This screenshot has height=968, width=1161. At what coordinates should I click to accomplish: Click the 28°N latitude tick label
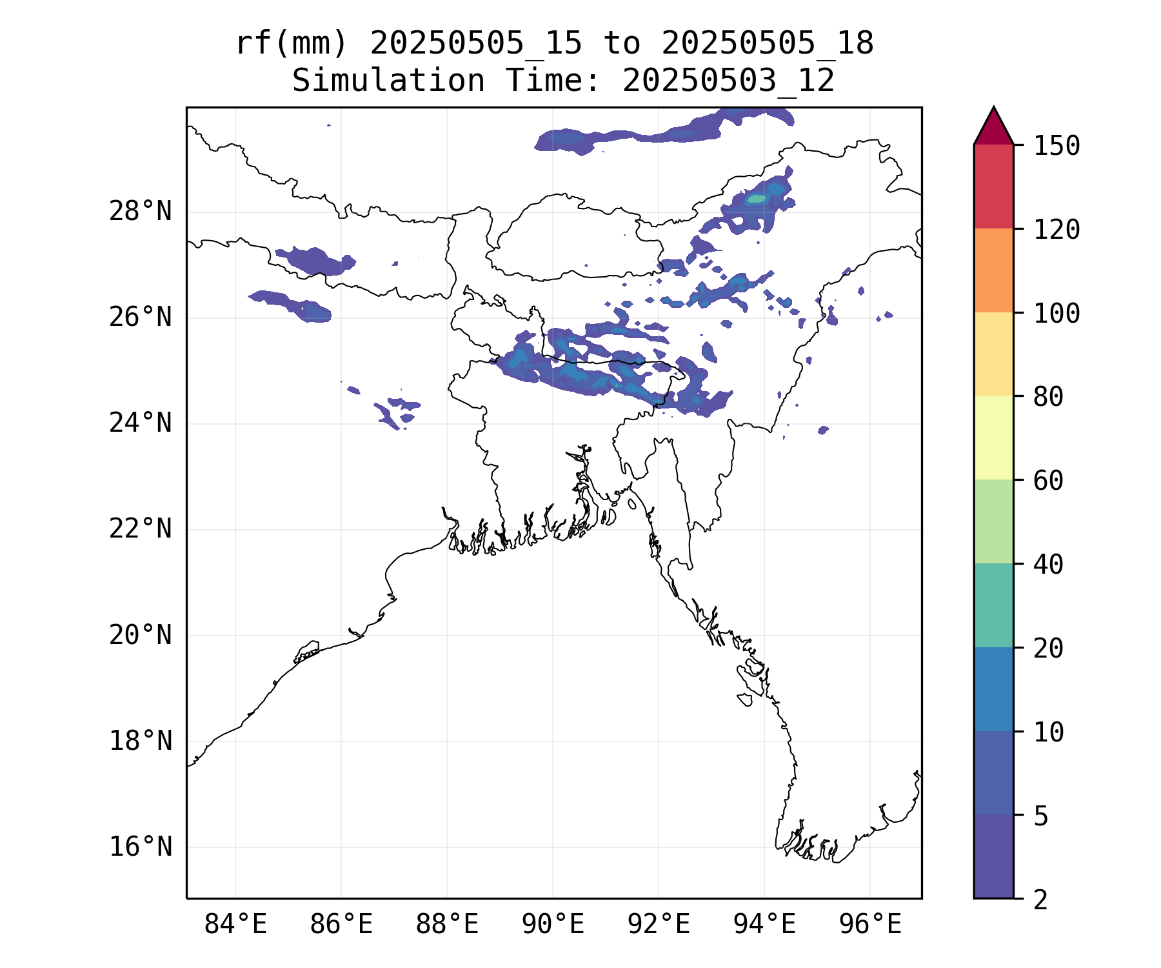(140, 212)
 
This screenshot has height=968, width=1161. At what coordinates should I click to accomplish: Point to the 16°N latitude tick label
(140, 847)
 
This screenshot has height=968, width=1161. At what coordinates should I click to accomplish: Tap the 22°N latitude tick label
(140, 529)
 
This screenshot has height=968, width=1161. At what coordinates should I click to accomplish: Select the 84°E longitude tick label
(235, 925)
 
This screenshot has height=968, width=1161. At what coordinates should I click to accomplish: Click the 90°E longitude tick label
(553, 925)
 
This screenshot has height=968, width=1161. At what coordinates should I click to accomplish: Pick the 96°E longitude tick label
(870, 925)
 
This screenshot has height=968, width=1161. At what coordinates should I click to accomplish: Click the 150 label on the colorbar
(1057, 146)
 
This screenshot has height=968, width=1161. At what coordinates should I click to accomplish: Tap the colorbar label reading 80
(1048, 397)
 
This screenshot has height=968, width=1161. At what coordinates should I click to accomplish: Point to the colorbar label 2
(1040, 900)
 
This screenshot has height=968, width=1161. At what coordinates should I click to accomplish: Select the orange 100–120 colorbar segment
(993, 270)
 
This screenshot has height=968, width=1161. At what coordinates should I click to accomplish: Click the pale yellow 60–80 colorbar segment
(993, 438)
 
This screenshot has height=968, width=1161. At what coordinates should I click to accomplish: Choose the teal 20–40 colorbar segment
(993, 605)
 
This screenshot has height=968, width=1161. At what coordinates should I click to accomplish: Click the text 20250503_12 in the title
(729, 81)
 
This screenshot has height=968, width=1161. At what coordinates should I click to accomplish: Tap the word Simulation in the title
(388, 81)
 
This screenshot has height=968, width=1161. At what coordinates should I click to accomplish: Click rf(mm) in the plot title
(292, 44)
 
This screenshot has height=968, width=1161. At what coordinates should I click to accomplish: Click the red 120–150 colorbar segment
(993, 187)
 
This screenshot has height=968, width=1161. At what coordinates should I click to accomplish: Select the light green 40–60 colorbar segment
(993, 521)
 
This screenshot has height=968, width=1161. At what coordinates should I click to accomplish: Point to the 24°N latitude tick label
(140, 423)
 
